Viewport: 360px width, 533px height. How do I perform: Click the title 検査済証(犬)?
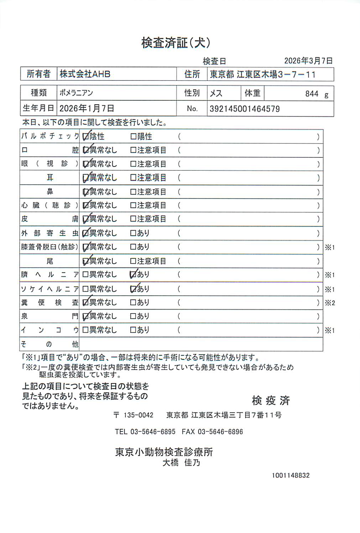pyautogui.click(x=176, y=43)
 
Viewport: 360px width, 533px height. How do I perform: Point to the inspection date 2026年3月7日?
pyautogui.click(x=308, y=61)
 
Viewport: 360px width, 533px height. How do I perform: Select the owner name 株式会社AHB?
pyautogui.click(x=85, y=74)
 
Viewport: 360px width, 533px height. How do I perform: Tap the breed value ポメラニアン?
pyautogui.click(x=76, y=93)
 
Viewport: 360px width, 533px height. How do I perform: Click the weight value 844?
pyautogui.click(x=312, y=94)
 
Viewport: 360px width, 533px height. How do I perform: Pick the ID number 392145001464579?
pyautogui.click(x=245, y=109)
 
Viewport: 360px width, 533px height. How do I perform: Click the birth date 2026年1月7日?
pyautogui.click(x=87, y=109)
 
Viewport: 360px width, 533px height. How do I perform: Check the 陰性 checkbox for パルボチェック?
pyautogui.click(x=85, y=136)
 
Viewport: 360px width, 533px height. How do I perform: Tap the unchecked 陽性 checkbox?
pyautogui.click(x=134, y=136)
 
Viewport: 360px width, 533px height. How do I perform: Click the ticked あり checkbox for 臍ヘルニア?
pyautogui.click(x=134, y=274)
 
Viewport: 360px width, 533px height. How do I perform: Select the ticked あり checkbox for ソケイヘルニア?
pyautogui.click(x=134, y=289)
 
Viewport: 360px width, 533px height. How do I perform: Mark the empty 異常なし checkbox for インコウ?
pyautogui.click(x=85, y=330)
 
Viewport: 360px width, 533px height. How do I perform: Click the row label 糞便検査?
pyautogui.click(x=49, y=303)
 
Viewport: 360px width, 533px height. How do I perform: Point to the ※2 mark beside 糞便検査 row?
pyautogui.click(x=330, y=303)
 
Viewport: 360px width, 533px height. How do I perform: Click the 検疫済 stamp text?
pyautogui.click(x=271, y=401)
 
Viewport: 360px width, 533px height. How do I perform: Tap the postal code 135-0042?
pyautogui.click(x=138, y=415)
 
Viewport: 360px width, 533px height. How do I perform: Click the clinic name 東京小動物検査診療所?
pyautogui.click(x=164, y=452)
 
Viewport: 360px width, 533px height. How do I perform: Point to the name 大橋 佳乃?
pyautogui.click(x=181, y=463)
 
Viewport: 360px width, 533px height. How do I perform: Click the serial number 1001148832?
pyautogui.click(x=291, y=475)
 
